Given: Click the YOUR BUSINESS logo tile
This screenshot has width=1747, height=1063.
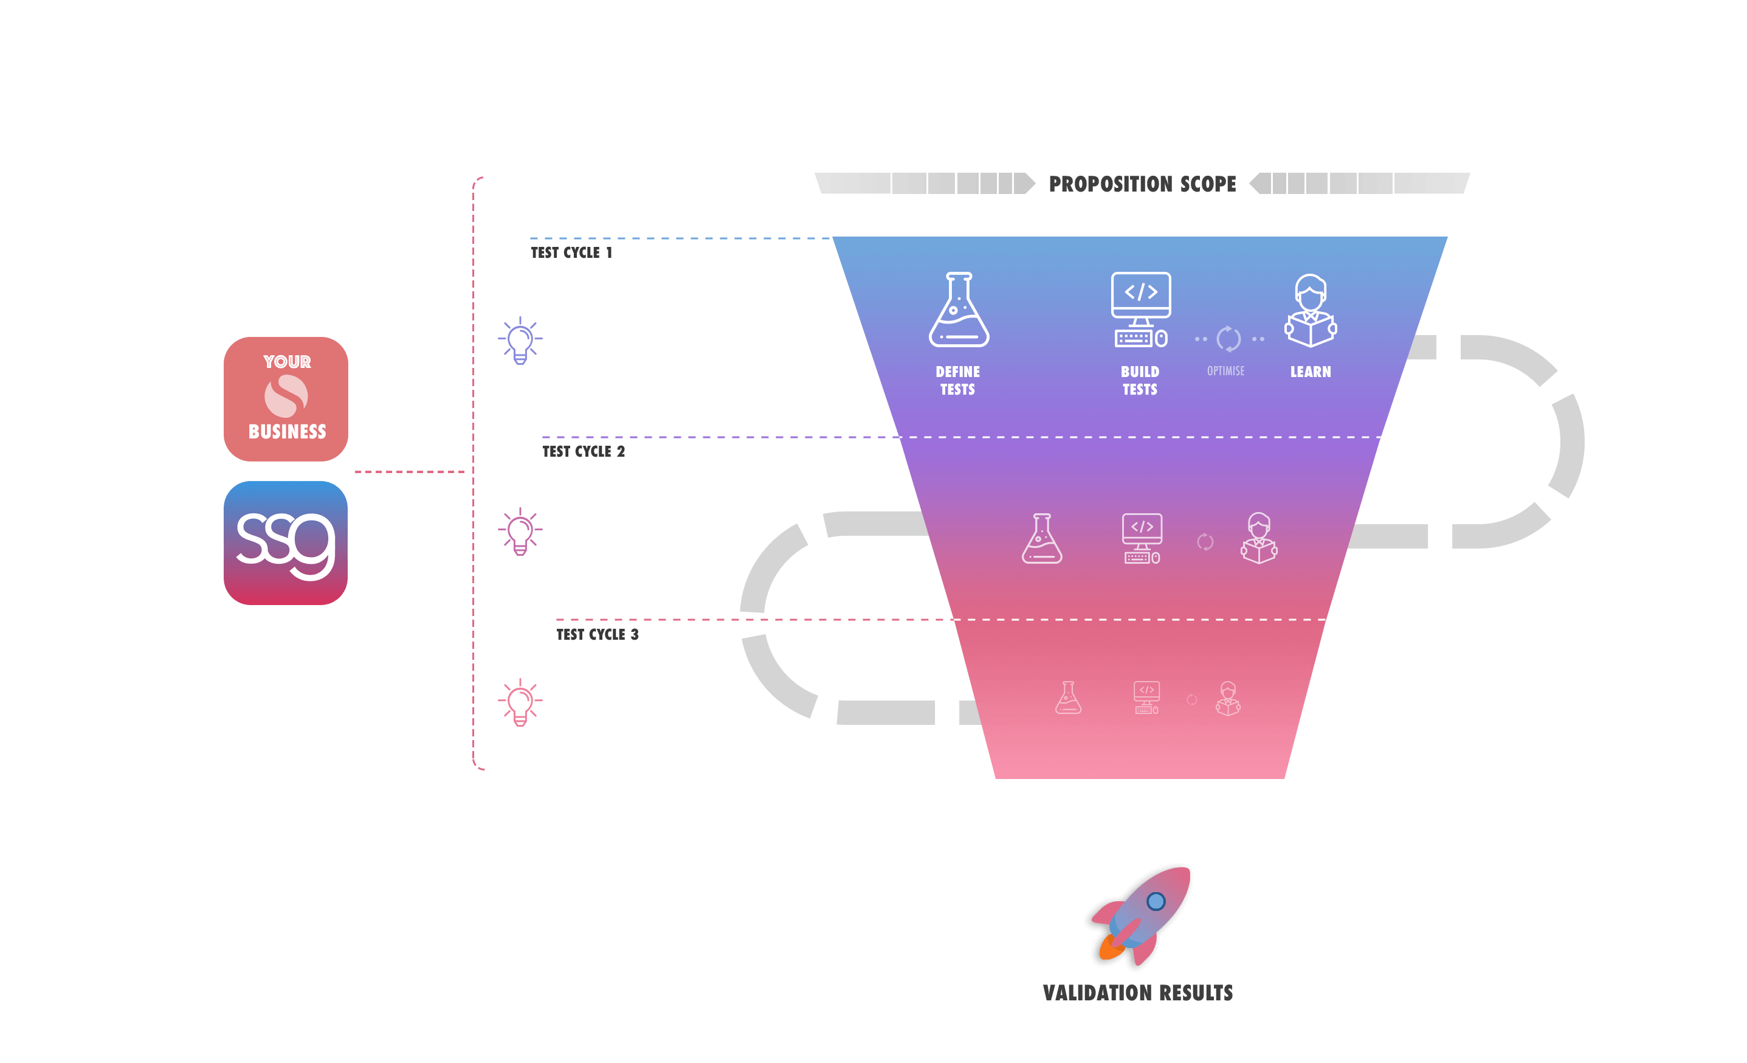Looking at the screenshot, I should (x=286, y=398).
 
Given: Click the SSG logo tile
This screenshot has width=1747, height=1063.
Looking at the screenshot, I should (x=286, y=542).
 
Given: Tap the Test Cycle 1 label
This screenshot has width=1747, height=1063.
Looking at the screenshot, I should (x=571, y=252).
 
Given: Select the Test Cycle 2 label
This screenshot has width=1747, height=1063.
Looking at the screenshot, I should (x=584, y=452).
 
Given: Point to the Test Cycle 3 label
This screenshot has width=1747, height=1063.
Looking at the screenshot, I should (x=597, y=635).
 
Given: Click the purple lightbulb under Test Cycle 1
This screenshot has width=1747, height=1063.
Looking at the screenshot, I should (x=520, y=341).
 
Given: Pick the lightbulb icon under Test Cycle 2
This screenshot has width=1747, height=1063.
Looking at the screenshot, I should (x=520, y=531).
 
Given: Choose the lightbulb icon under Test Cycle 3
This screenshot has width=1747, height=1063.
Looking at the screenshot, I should (x=520, y=702).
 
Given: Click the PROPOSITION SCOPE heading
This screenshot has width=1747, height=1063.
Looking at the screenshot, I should (x=1142, y=184).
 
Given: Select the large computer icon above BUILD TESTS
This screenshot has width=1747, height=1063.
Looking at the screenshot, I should (x=1141, y=310).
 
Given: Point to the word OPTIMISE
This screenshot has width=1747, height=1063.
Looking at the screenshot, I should (x=1226, y=371).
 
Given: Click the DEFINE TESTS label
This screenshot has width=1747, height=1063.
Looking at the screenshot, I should (x=958, y=381).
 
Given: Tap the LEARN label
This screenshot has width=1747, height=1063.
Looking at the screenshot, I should (x=1311, y=372).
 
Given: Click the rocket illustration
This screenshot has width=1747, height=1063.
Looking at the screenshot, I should (x=1141, y=915).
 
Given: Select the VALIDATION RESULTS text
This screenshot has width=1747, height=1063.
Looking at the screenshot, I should (x=1138, y=993).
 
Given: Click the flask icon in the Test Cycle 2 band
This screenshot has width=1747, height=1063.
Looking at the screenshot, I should (x=1041, y=539).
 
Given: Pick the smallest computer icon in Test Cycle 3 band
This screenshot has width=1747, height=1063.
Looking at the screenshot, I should (x=1146, y=698).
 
